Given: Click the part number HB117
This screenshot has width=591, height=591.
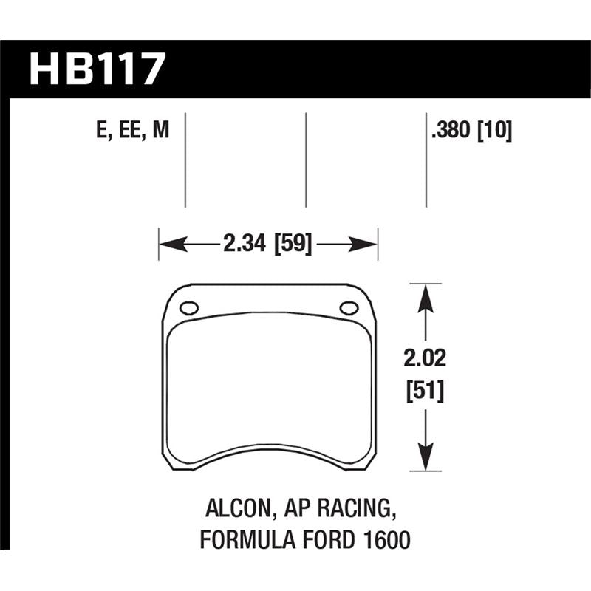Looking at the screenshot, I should [96, 69].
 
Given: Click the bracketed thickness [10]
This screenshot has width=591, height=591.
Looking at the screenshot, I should [494, 131].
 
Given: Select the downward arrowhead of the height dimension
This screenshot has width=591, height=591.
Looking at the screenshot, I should [424, 460].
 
